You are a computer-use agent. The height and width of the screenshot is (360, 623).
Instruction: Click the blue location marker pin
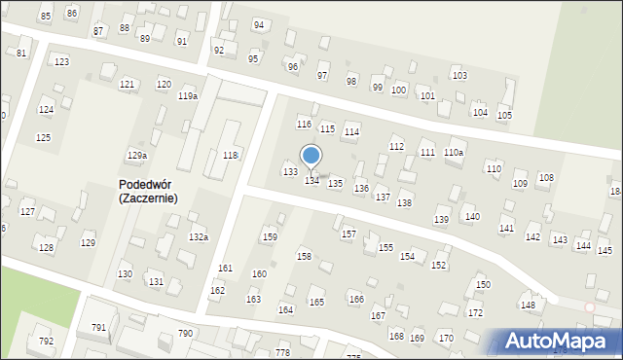[311, 156]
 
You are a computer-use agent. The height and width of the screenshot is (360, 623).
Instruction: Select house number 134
[312, 181]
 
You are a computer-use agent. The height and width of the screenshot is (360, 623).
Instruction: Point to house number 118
[231, 156]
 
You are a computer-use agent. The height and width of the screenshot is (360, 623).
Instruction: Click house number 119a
[188, 96]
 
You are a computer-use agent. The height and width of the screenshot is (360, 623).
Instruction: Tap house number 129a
[137, 156]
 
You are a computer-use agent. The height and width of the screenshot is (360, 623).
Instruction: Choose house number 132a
[199, 237]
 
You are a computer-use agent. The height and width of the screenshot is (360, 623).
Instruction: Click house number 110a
[454, 153]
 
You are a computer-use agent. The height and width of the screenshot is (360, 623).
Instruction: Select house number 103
[459, 76]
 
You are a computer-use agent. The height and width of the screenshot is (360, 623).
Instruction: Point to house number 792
[46, 342]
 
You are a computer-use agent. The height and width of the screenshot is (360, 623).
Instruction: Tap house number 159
[270, 237]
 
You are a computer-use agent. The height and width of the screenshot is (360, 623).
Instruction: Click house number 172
[475, 313]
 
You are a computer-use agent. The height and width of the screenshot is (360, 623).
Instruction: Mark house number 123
[62, 62]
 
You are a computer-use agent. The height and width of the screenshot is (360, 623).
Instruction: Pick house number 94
[258, 25]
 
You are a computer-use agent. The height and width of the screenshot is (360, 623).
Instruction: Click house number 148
[528, 306]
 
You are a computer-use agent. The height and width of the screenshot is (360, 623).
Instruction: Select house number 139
[441, 221]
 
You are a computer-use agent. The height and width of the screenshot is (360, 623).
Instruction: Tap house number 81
[21, 53]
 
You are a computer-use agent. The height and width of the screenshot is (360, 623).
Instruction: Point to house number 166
[356, 299]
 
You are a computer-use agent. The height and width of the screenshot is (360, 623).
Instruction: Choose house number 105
[504, 116]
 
